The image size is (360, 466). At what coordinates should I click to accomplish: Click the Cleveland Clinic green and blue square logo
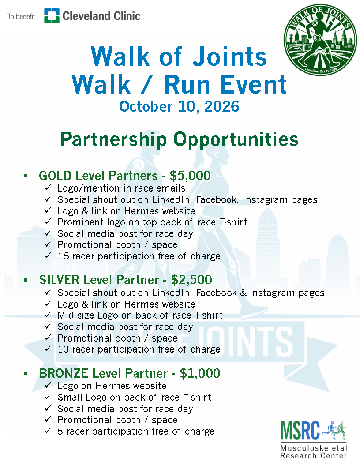(x=52, y=16)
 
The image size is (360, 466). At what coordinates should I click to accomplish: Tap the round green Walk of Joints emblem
(x=320, y=40)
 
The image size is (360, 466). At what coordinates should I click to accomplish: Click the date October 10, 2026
(x=180, y=106)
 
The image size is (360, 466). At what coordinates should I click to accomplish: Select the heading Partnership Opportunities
(x=180, y=139)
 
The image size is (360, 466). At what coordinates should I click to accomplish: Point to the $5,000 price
(x=191, y=176)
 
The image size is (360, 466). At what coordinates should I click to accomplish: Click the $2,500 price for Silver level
(x=191, y=280)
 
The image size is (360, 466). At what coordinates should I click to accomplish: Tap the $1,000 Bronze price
(x=200, y=373)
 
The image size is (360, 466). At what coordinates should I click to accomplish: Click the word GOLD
(x=56, y=176)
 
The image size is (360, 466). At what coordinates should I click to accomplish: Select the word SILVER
(x=60, y=280)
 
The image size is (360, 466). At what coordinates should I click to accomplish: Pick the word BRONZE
(x=64, y=373)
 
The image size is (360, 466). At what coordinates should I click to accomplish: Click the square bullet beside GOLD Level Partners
(x=26, y=176)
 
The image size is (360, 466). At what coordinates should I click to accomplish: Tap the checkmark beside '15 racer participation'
(x=48, y=256)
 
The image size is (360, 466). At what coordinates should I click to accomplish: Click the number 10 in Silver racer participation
(x=63, y=349)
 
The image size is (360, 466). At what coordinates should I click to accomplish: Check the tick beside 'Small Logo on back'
(x=48, y=397)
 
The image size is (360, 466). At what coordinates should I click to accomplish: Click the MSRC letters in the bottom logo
(x=300, y=430)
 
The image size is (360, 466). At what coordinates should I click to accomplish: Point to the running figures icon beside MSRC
(x=334, y=430)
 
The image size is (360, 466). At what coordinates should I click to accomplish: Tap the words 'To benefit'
(x=21, y=17)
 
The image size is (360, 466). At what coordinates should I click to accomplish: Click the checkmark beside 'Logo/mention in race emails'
(x=48, y=188)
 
